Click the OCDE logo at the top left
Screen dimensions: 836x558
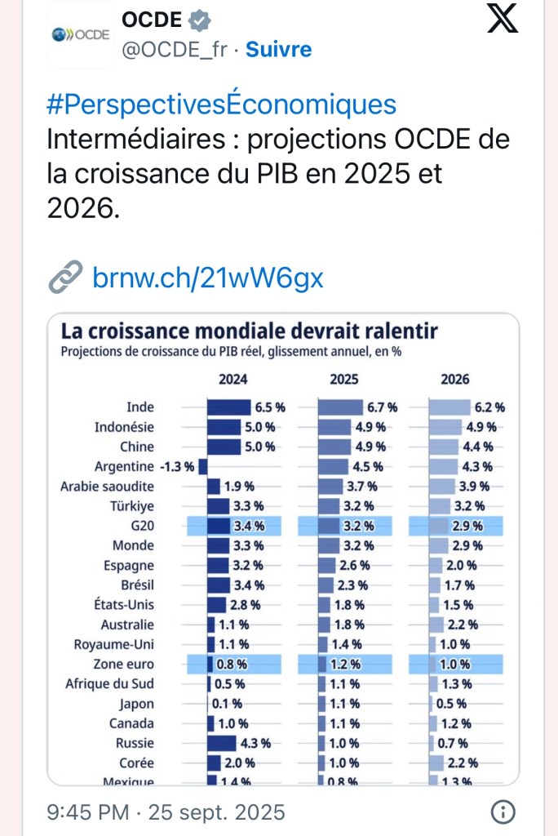(x=80, y=36)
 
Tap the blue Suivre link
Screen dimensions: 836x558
(x=278, y=49)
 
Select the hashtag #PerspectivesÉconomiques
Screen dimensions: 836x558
(x=222, y=104)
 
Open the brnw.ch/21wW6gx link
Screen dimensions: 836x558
(x=208, y=278)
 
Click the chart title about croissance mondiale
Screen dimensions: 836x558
(x=250, y=332)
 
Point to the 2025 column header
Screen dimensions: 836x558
(x=343, y=380)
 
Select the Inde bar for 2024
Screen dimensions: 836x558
(x=228, y=407)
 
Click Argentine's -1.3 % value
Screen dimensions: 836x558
(x=176, y=467)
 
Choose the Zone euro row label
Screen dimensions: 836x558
(x=124, y=665)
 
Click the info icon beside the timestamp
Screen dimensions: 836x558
(x=504, y=812)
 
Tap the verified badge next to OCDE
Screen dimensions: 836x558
(x=201, y=20)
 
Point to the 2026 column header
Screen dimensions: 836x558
(x=454, y=380)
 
